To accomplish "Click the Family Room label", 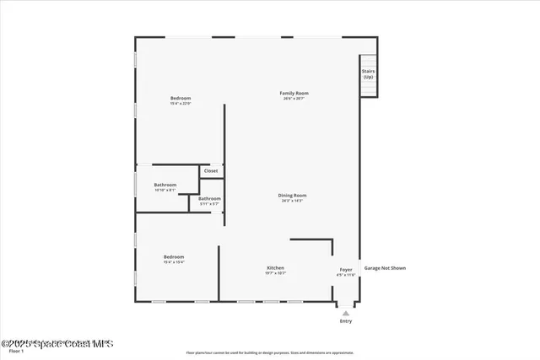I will click(294, 93).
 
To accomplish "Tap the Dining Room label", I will click(292, 196).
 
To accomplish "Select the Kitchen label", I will click(276, 267).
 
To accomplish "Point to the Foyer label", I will click(346, 270).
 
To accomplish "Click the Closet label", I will click(211, 171).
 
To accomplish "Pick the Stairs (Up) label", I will click(368, 73).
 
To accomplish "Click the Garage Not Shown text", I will click(385, 268).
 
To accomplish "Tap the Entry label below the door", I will click(346, 321).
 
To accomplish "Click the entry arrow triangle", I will click(346, 313).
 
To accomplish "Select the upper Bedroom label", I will click(181, 98).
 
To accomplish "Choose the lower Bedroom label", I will click(174, 256).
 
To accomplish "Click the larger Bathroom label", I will click(165, 185).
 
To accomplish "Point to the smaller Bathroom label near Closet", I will click(209, 199).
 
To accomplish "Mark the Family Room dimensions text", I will click(294, 99).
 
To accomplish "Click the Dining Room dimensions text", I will click(292, 201).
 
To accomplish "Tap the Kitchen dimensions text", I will click(276, 273).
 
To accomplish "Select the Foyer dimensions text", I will click(346, 275).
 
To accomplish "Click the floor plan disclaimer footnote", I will click(270, 353).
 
